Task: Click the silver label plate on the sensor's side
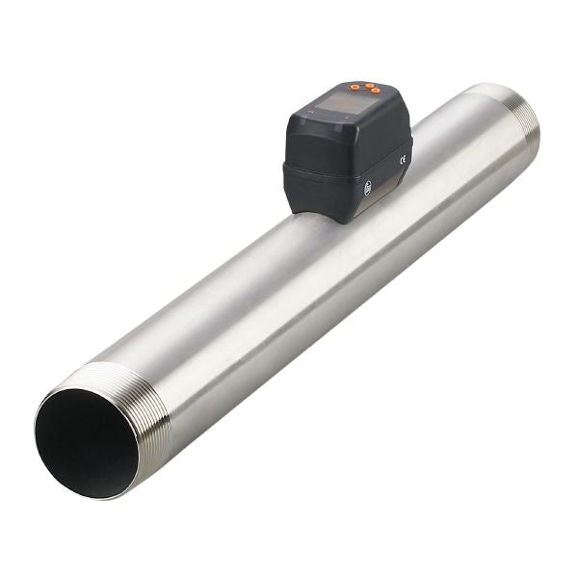click(397, 154)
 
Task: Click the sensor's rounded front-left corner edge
click(287, 144)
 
